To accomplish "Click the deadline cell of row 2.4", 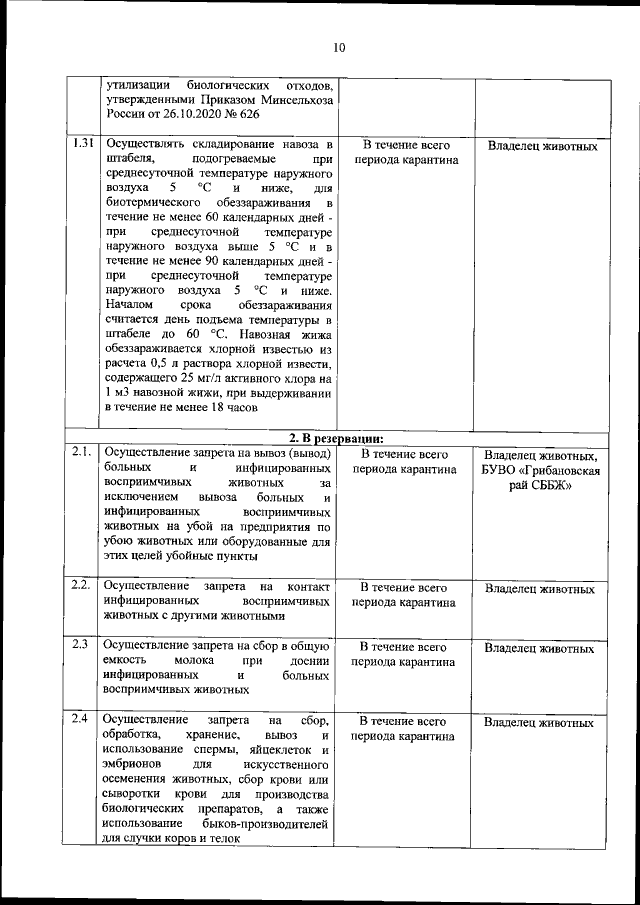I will [404, 728].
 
